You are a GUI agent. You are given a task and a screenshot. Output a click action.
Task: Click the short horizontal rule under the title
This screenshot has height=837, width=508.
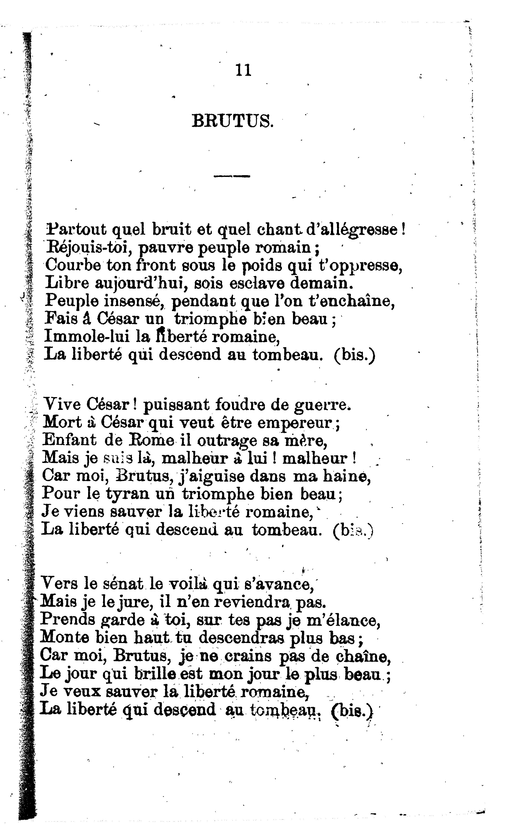[232, 176]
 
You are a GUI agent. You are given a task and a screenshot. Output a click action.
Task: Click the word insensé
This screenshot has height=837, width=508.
[135, 301]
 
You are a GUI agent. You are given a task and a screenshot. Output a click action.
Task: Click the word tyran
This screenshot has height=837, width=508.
[127, 494]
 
